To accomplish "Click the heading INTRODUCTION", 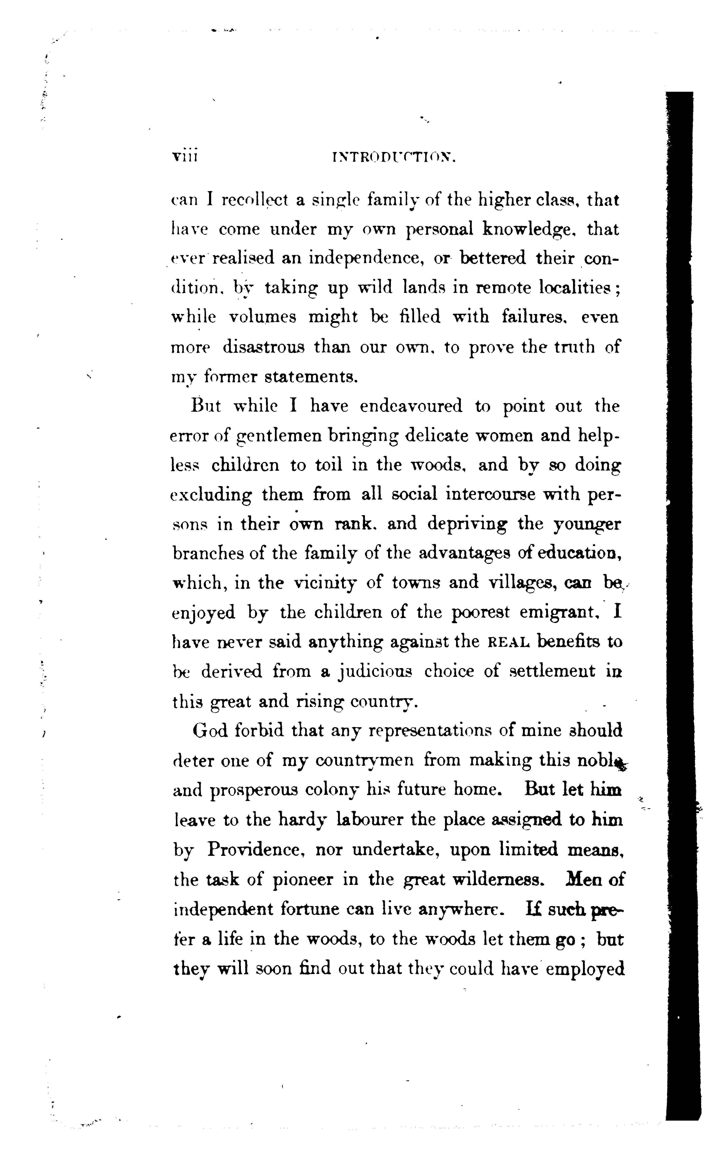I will point(394,158).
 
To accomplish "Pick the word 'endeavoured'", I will point(411,406).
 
